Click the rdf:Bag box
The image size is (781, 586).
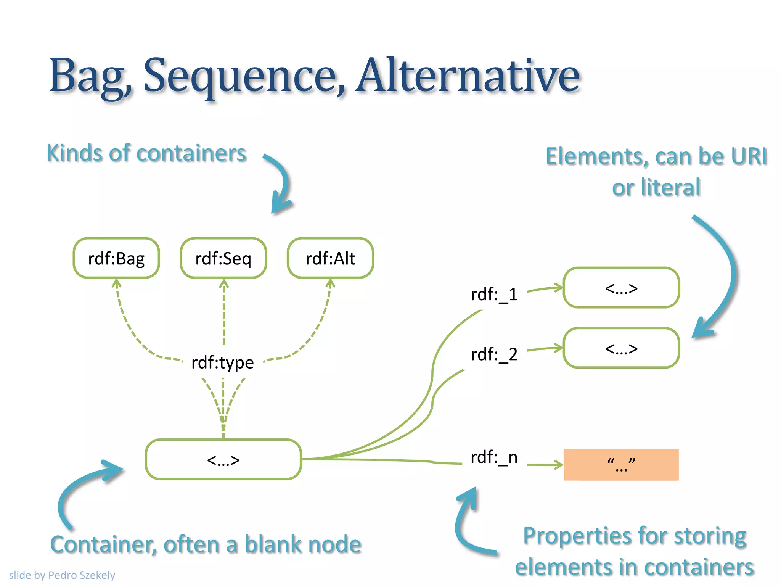(116, 258)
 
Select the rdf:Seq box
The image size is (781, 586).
(223, 258)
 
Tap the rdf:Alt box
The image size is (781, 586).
(330, 258)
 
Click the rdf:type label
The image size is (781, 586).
(223, 362)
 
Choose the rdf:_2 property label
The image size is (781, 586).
(494, 354)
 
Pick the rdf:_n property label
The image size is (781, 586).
(494, 457)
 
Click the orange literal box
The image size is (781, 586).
(621, 465)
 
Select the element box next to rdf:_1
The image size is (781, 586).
(621, 288)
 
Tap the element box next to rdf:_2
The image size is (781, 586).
(621, 348)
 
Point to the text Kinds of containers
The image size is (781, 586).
(146, 153)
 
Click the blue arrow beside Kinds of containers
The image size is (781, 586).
(281, 183)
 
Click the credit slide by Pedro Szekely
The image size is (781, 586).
(62, 575)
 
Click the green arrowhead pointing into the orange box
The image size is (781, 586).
(559, 465)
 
